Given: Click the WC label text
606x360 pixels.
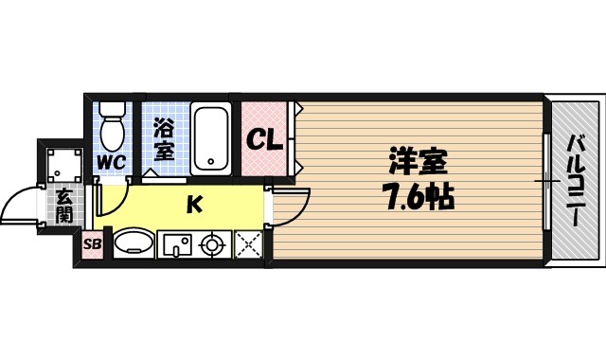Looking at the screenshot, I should pos(112,161).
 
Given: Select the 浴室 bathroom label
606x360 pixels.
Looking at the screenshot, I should pos(162,136).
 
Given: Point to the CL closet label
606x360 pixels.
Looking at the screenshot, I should pos(265,141).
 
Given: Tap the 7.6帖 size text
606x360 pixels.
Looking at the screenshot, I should pos(417,198).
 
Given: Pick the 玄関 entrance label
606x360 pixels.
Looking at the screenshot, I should pos(63,206).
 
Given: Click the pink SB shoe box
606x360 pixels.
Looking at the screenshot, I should pos(92,245).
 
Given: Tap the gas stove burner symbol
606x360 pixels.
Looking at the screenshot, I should pos(212,245).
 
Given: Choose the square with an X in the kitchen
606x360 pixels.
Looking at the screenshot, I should pos(248,245).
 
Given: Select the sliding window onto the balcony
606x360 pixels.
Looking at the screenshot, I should pos(546,180).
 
